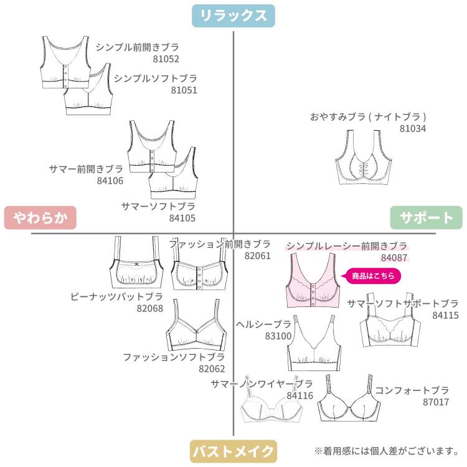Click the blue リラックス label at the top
[x=233, y=16]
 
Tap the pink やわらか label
[x=40, y=218]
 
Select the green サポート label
[x=427, y=218]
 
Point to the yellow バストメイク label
[x=233, y=451]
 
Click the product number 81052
[x=166, y=59]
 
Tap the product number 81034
[x=413, y=128]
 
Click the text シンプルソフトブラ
[x=155, y=78]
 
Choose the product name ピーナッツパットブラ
[x=116, y=296]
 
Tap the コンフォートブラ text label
[x=412, y=390]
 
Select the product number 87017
[x=435, y=402]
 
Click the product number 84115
[x=445, y=315]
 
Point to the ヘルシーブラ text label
[x=264, y=324]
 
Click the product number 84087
[x=394, y=257]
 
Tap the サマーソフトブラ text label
[x=158, y=206]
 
